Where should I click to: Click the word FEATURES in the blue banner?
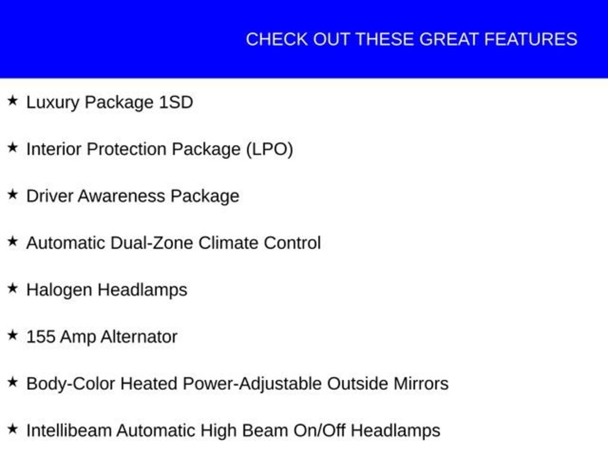(530, 39)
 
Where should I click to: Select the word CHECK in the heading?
(277, 39)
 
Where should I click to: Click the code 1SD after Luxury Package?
(176, 102)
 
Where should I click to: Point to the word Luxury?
(53, 103)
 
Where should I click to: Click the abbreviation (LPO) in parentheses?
(270, 150)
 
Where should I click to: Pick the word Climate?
(228, 243)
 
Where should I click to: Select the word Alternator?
(139, 337)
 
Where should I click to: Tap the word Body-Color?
(71, 384)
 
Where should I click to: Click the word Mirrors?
(421, 384)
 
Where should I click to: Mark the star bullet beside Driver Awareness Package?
(13, 194)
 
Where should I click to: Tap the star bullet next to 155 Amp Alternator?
(13, 335)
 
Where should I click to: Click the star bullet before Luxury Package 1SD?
(13, 100)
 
